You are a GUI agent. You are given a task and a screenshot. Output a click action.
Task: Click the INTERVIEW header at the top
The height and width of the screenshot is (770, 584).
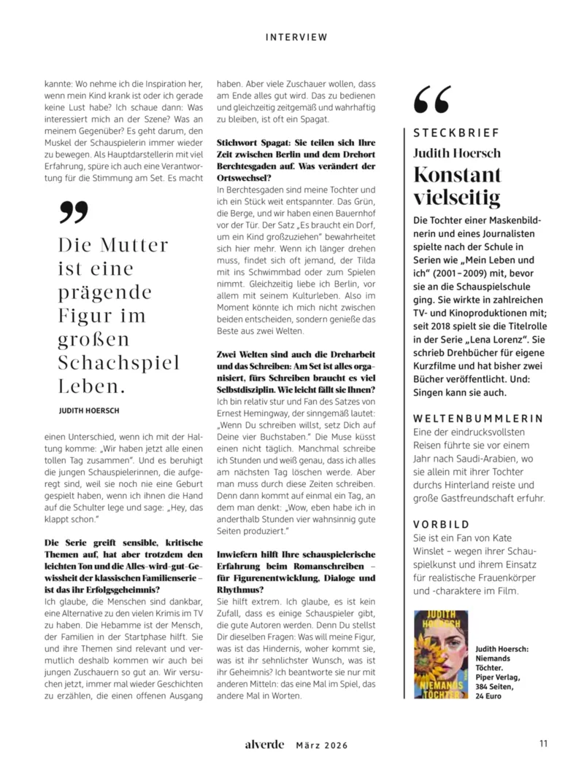click(x=296, y=37)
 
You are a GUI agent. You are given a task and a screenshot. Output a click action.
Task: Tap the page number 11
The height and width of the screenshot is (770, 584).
click(x=543, y=744)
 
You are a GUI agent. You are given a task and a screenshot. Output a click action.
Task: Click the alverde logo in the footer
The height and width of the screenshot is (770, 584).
click(x=264, y=744)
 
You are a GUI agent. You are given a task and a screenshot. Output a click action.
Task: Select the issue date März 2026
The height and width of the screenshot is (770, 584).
click(x=321, y=745)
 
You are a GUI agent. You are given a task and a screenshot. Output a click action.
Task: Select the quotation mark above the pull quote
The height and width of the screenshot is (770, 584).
click(x=73, y=211)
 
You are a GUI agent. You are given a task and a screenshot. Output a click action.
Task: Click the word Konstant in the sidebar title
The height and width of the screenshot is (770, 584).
click(x=457, y=175)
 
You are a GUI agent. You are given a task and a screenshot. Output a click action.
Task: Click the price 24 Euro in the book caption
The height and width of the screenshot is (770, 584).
click(x=490, y=696)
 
